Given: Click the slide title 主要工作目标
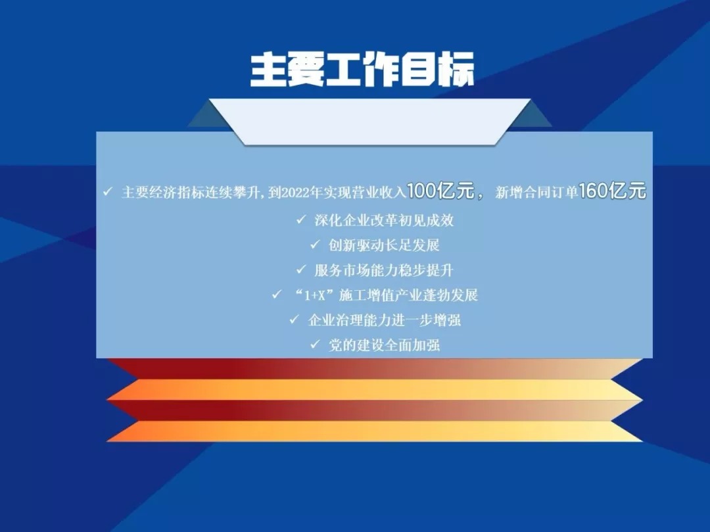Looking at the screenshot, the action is [x=362, y=70].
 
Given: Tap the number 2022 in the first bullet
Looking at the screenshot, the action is [x=295, y=193].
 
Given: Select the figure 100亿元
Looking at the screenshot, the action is [x=440, y=191].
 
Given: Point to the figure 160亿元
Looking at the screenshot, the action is [x=612, y=191].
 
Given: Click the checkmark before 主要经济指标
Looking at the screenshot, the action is [x=107, y=191].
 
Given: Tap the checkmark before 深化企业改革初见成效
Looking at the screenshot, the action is [x=301, y=220].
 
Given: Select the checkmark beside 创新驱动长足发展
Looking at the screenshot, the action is [x=315, y=245].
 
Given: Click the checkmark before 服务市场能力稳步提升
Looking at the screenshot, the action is [x=301, y=270].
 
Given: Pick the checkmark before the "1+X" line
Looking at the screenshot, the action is [x=276, y=295].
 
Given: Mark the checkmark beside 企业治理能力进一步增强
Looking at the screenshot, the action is [x=295, y=320].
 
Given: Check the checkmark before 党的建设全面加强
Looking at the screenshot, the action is [x=315, y=345].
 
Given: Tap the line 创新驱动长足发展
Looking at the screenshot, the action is [x=384, y=245].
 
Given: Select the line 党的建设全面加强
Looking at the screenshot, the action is [x=384, y=345].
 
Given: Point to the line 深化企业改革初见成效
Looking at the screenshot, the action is [x=384, y=220].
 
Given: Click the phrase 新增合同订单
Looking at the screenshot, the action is [x=536, y=193].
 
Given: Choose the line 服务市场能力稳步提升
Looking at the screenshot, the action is [x=384, y=270].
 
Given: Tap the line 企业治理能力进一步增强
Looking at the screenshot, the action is [x=384, y=320].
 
